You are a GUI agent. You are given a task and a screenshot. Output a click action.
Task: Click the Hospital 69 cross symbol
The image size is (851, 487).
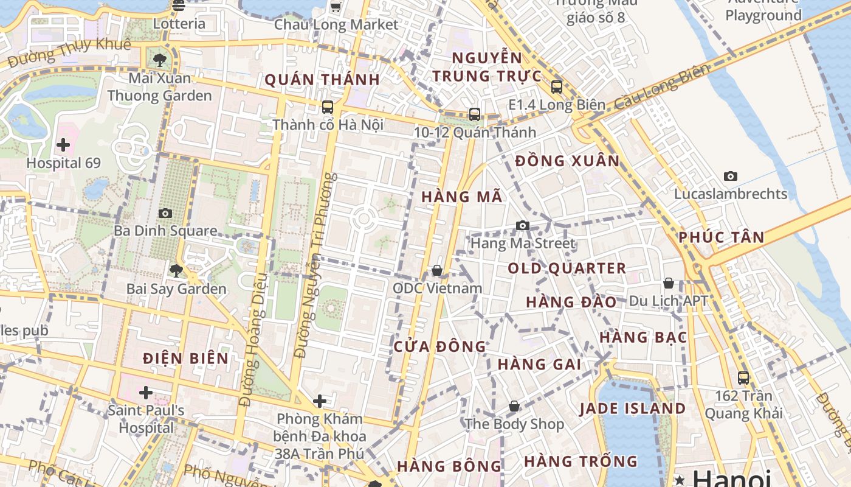point(63,145)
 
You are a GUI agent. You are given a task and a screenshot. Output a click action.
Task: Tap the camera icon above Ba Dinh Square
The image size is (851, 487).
point(165,213)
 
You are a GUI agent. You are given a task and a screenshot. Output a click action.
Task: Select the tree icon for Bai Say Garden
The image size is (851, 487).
point(176,271)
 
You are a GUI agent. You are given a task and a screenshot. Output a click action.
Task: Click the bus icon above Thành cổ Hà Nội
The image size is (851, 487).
point(328,107)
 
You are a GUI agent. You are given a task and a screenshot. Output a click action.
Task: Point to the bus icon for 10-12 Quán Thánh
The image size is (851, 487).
point(475,114)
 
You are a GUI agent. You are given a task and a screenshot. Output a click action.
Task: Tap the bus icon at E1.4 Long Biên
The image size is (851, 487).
point(557,87)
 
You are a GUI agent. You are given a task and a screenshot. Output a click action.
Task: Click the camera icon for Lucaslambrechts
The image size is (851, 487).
point(731,177)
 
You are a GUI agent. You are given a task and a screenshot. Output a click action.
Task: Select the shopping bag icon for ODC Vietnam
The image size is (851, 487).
point(437,270)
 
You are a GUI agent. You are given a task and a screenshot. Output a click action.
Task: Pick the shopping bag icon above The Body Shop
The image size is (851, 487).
point(514,406)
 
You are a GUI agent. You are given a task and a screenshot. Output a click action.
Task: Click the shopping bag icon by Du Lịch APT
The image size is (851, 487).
point(669,283)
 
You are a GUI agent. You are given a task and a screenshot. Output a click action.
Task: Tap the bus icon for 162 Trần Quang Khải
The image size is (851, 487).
point(743,377)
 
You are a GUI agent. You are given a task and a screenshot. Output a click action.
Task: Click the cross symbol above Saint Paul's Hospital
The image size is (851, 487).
point(146,393)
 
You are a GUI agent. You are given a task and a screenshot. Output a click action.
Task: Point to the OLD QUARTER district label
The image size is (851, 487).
point(567,268)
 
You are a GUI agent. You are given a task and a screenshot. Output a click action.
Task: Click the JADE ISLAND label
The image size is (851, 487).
point(632,408)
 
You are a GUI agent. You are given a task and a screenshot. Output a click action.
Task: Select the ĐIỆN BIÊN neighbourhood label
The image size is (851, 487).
point(186,359)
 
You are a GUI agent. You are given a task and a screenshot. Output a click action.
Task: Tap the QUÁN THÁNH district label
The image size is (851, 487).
point(322,80)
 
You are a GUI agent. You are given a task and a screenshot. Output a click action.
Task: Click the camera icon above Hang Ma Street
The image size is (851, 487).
point(522,226)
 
